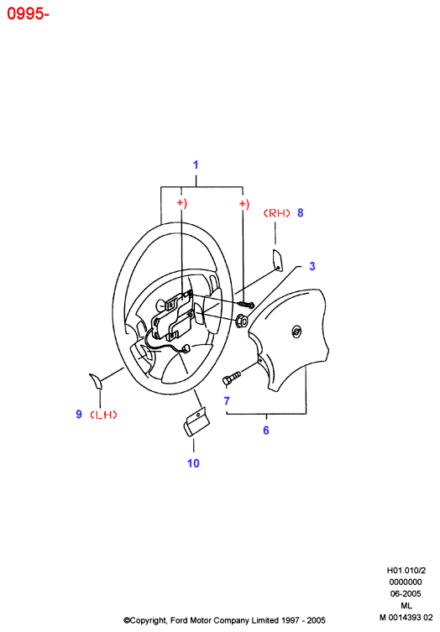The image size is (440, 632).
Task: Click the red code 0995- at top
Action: [28, 13]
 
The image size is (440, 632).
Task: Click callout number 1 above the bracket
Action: [196, 165]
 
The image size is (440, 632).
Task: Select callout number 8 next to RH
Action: [300, 213]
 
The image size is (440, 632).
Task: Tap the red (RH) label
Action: [277, 213]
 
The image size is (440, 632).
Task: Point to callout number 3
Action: [312, 266]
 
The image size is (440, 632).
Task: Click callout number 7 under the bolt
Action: [227, 401]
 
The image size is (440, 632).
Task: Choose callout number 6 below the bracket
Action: [266, 431]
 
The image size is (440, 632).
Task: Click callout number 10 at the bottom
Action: [193, 463]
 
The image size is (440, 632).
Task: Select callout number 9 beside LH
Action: [79, 415]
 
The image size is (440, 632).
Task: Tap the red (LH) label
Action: [103, 415]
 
